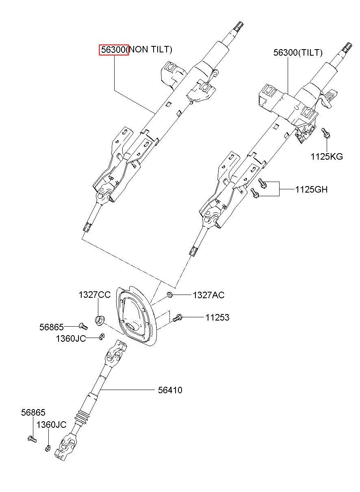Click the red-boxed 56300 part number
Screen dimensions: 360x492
coord(114,50)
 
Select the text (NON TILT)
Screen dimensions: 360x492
coord(150,50)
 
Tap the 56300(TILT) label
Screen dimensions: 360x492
coord(298,53)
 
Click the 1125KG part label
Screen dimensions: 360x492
coord(327,156)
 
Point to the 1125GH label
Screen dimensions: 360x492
coord(311,189)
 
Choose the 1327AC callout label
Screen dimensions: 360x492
coord(209,295)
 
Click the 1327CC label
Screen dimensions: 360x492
coord(95,295)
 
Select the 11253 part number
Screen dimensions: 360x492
coord(217,317)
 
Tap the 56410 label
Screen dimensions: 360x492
coord(170,390)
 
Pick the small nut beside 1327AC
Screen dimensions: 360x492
coord(169,295)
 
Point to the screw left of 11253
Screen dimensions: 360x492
coord(177,318)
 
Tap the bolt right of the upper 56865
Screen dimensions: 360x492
coord(83,326)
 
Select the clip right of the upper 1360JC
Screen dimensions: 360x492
coord(102,337)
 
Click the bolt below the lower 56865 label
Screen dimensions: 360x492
coord(32,439)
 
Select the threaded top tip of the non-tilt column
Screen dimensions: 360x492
coord(239,27)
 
